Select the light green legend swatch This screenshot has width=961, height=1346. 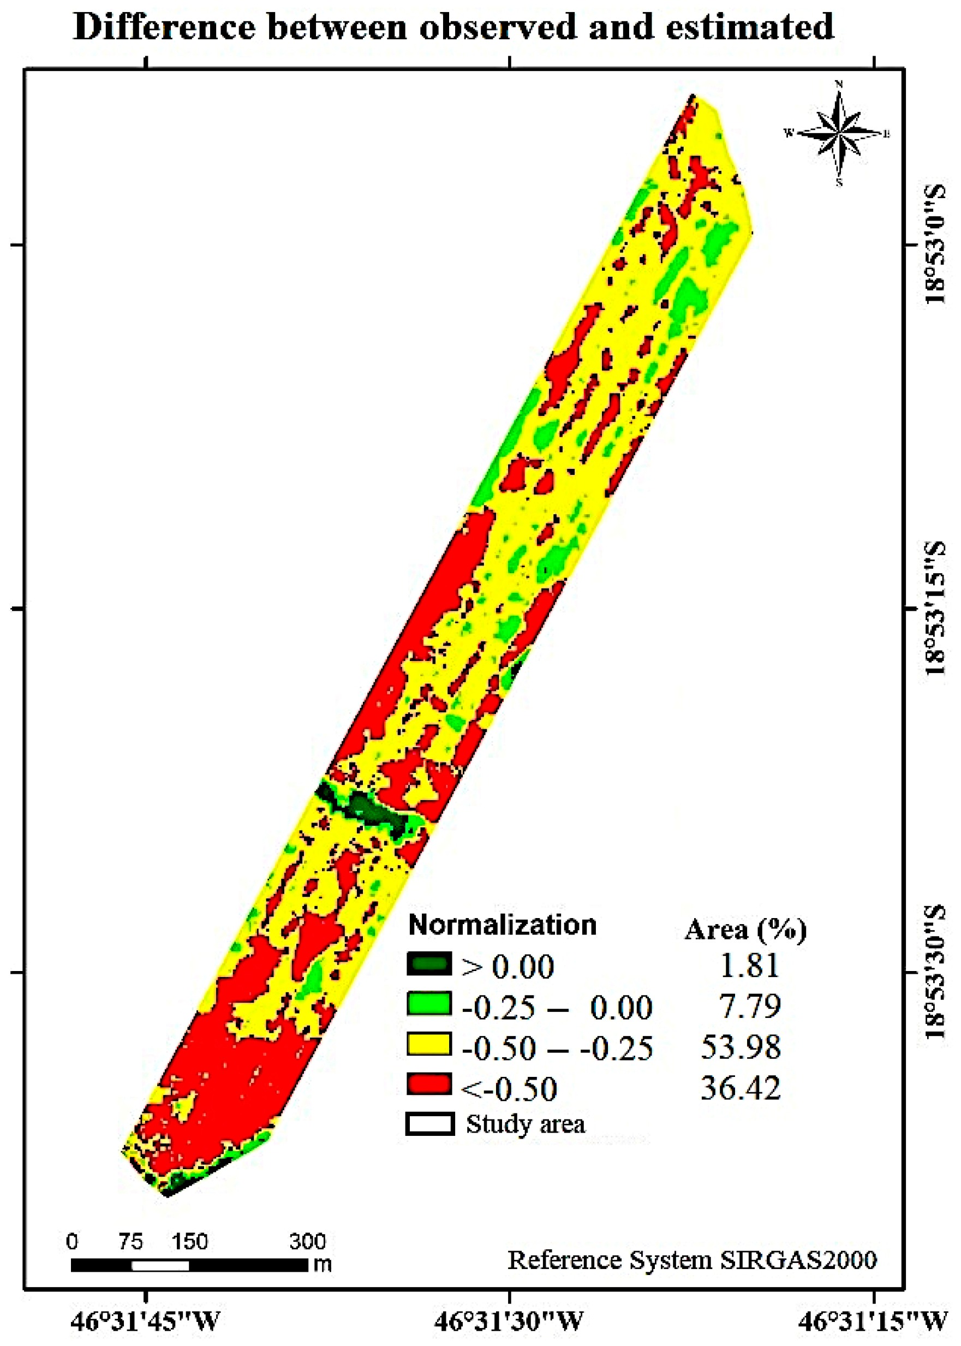pyautogui.click(x=429, y=1004)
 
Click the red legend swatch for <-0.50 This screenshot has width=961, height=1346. pyautogui.click(x=429, y=1085)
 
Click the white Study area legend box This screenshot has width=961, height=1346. pyautogui.click(x=429, y=1124)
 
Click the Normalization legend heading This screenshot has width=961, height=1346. pyautogui.click(x=503, y=925)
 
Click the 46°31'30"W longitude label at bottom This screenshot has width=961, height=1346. pyautogui.click(x=509, y=1321)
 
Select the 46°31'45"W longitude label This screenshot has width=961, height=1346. pyautogui.click(x=145, y=1321)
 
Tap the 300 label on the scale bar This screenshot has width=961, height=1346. pyautogui.click(x=307, y=1241)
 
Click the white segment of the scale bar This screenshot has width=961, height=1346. pyautogui.click(x=160, y=1266)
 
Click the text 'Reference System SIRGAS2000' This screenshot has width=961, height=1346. pyautogui.click(x=692, y=1260)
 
